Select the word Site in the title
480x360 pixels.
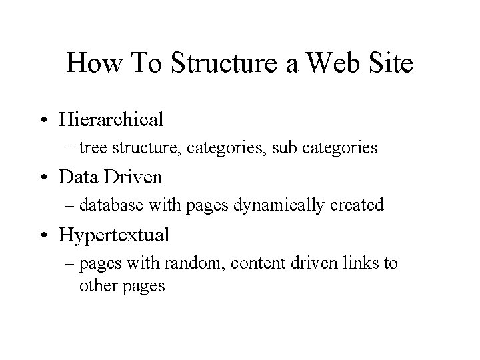[390, 64]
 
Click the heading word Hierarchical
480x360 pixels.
[121, 121]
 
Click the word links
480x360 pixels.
[363, 263]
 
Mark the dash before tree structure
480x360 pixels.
[83, 148]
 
